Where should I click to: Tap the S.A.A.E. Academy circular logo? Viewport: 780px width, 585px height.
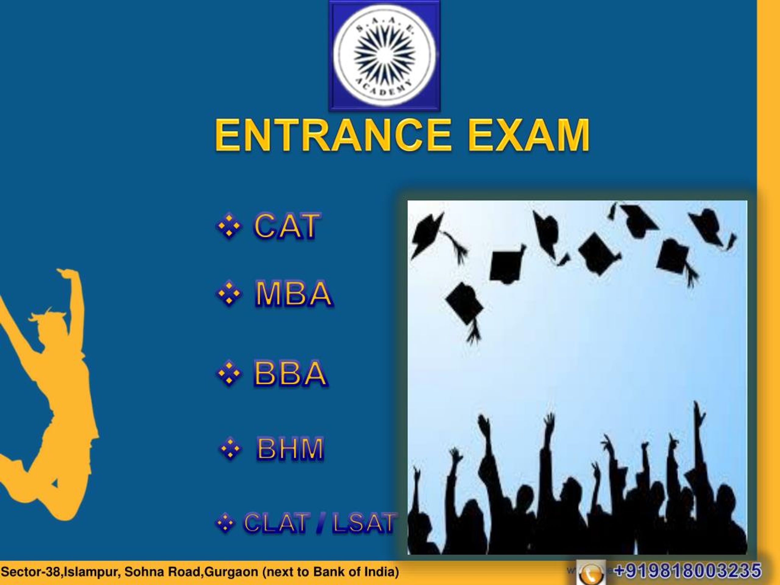click(x=384, y=56)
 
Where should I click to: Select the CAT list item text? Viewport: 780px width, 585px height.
click(x=286, y=226)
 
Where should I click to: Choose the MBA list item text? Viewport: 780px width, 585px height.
click(x=293, y=293)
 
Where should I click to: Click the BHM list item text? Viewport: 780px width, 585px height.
click(x=290, y=449)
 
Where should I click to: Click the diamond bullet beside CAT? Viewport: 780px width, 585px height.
click(x=229, y=226)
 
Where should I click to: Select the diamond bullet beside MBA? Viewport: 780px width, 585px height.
click(x=229, y=293)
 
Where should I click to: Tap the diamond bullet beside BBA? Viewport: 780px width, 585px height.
click(x=229, y=373)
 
